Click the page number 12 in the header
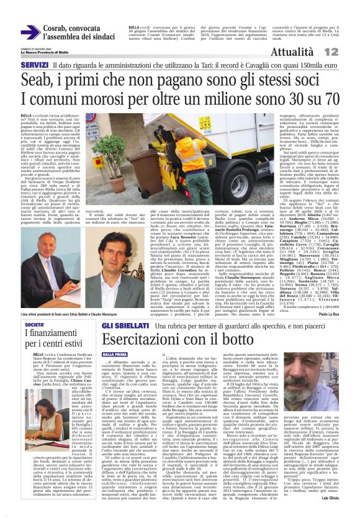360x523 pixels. pyautogui.click(x=349, y=52)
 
